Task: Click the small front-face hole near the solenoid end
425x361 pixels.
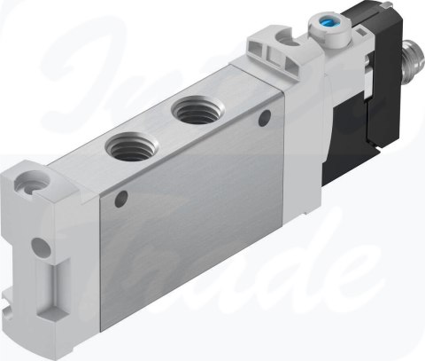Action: point(262,115)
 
